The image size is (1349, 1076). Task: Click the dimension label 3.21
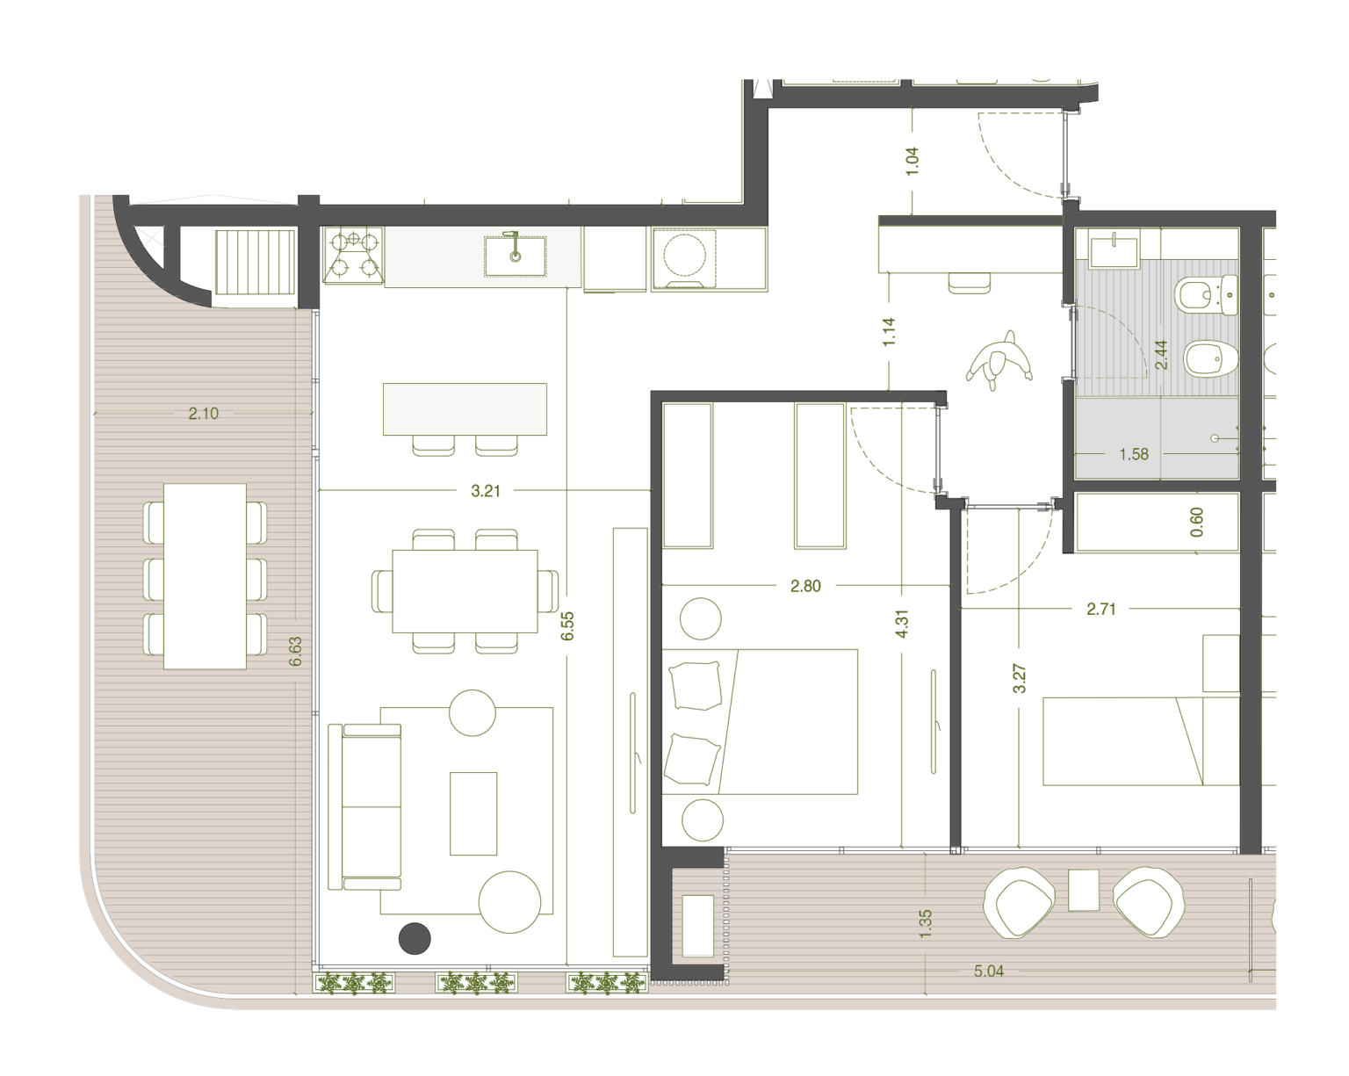click(x=485, y=491)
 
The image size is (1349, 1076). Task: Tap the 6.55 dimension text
click(x=567, y=625)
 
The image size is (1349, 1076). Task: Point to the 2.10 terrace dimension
click(x=204, y=413)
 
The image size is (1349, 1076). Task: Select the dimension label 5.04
click(x=989, y=971)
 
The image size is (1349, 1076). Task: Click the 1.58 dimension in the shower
click(x=1134, y=454)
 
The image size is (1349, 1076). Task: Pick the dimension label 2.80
click(x=805, y=586)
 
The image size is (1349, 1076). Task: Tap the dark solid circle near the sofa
click(x=415, y=939)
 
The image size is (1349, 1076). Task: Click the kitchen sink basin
click(x=516, y=256)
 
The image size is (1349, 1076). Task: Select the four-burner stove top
click(x=354, y=256)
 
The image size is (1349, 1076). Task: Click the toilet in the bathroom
click(x=1207, y=295)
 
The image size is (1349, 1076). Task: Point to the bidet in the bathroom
click(x=1211, y=359)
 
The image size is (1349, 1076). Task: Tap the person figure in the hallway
click(x=999, y=360)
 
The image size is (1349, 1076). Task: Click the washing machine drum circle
click(x=684, y=255)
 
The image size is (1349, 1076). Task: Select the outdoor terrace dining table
click(x=205, y=576)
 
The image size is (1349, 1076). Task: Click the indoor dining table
click(x=465, y=591)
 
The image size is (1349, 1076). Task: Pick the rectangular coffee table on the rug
click(x=473, y=814)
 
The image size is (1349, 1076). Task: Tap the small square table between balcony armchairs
click(x=1084, y=891)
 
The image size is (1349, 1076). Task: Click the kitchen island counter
click(x=465, y=408)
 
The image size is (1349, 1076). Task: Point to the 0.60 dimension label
click(x=1197, y=523)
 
